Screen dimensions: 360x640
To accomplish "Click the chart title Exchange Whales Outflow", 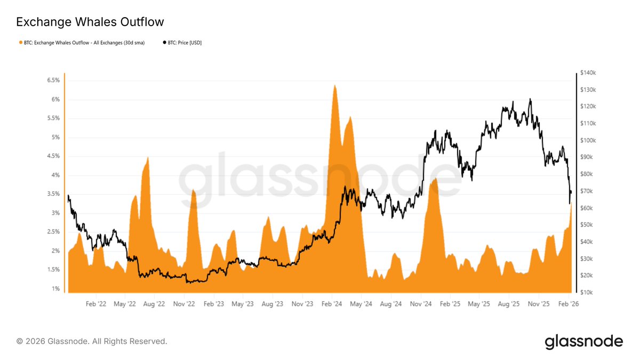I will pyautogui.click(x=90, y=22).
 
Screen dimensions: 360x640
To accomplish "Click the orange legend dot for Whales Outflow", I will pyautogui.click(x=21, y=42).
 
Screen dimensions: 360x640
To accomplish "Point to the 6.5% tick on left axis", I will pyautogui.click(x=53, y=80).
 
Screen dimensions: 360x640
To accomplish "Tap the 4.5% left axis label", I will pyautogui.click(x=53, y=156).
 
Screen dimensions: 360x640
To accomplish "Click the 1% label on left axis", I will pyautogui.click(x=55, y=289).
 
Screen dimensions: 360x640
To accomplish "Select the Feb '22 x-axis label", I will pyautogui.click(x=97, y=304).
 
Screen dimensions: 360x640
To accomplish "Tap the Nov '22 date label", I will pyautogui.click(x=184, y=304).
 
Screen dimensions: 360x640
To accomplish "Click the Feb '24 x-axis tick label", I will pyautogui.click(x=332, y=304).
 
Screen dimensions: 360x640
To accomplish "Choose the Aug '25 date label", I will pyautogui.click(x=509, y=304).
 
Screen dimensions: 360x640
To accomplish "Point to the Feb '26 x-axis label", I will pyautogui.click(x=567, y=304).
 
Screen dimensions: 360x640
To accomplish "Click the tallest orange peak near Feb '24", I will pyautogui.click(x=334, y=85).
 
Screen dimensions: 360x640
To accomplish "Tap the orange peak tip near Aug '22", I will pyautogui.click(x=148, y=157).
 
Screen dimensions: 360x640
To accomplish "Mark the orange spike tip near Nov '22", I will pyautogui.click(x=193, y=190).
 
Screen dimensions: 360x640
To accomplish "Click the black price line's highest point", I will pyautogui.click(x=530, y=99).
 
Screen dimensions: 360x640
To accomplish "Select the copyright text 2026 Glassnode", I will pyautogui.click(x=92, y=341).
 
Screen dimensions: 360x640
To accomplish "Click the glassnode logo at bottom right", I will pyautogui.click(x=583, y=341).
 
